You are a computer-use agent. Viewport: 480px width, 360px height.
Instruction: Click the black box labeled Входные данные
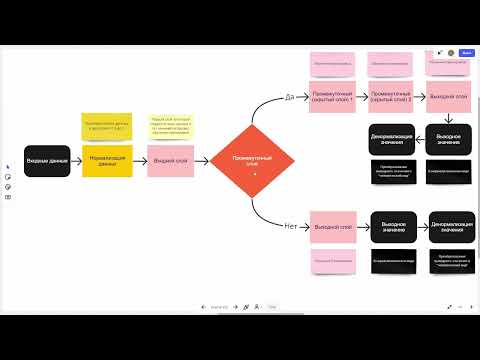[x=47, y=160]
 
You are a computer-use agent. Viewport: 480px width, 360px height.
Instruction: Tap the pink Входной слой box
[x=169, y=160]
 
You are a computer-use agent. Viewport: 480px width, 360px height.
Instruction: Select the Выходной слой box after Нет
[x=333, y=226]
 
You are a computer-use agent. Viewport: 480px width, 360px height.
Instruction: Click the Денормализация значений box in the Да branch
[x=391, y=138]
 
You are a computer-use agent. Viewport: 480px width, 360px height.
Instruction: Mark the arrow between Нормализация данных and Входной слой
[x=139, y=160]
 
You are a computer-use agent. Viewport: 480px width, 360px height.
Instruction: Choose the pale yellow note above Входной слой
[x=169, y=125]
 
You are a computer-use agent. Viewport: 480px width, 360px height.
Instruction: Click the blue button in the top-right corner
[x=468, y=52]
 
